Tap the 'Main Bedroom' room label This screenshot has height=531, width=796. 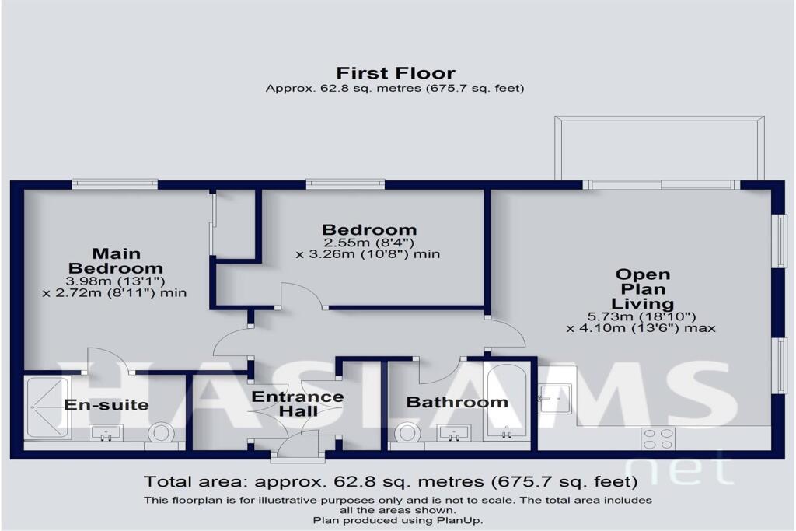click(116, 260)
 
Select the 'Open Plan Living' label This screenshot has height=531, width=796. click(642, 288)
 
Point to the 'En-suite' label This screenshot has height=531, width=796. click(106, 405)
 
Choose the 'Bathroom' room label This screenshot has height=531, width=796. click(457, 402)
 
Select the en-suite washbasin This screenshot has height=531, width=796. click(106, 432)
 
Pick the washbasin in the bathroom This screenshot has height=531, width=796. click(453, 432)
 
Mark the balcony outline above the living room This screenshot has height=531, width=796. click(659, 148)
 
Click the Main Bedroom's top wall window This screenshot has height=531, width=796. click(114, 184)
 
